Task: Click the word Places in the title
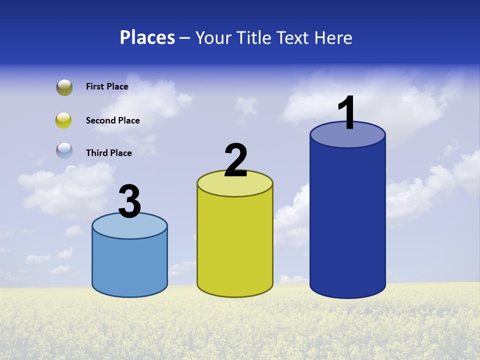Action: (x=147, y=37)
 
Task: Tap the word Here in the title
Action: (x=333, y=37)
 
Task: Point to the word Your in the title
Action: (x=213, y=37)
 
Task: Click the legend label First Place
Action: (x=107, y=86)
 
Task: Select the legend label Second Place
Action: (x=112, y=120)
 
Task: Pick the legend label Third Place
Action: (x=108, y=153)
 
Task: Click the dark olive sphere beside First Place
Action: (x=64, y=87)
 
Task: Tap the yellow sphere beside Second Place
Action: (x=64, y=120)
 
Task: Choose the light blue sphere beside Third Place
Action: (x=64, y=150)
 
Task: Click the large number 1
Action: (x=347, y=113)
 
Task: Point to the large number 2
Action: (x=235, y=160)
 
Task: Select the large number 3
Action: (x=129, y=201)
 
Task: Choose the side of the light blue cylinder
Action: (x=129, y=265)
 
